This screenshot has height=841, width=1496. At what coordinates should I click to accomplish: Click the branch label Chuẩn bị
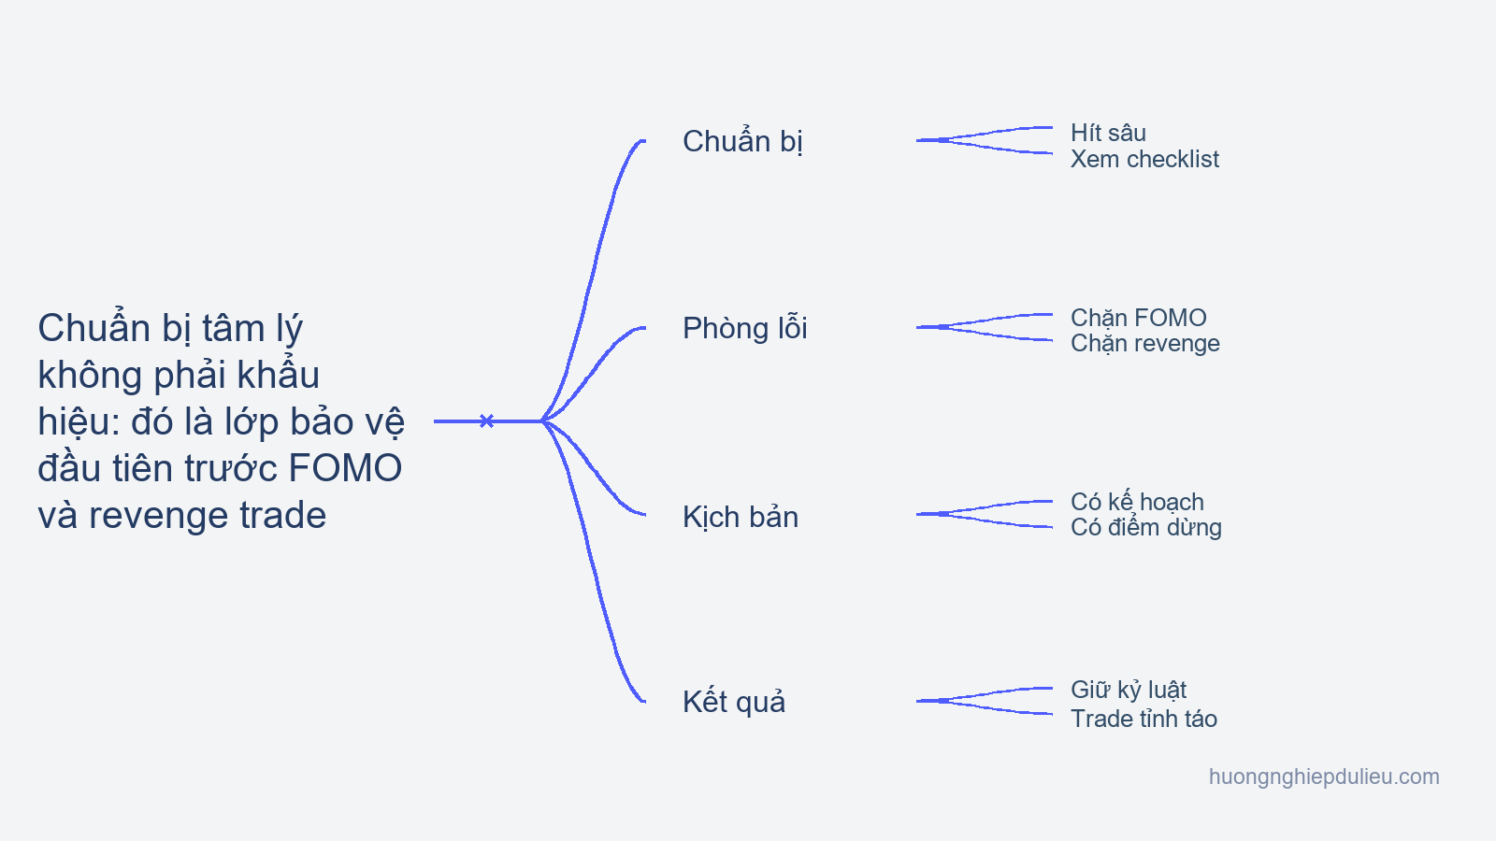[x=742, y=141]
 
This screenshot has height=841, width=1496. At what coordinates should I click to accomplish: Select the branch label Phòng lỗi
[x=744, y=327]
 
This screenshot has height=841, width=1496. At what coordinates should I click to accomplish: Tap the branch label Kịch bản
[x=740, y=517]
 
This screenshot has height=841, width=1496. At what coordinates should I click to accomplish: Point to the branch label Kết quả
[x=733, y=702]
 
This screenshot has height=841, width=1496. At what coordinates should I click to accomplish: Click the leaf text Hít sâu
[x=1108, y=133]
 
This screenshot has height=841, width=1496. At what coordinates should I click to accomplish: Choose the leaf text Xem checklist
[x=1144, y=159]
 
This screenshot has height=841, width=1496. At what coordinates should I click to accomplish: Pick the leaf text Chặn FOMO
[x=1139, y=318]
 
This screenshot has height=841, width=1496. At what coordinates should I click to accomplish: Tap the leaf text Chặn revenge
[x=1145, y=344]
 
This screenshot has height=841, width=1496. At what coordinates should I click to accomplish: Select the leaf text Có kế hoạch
[x=1137, y=501]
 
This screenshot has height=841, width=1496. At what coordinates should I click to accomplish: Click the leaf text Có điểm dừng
[x=1146, y=527]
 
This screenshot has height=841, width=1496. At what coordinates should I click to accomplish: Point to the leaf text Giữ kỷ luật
[x=1129, y=690]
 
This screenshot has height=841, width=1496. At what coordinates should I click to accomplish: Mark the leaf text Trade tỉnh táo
[x=1144, y=719]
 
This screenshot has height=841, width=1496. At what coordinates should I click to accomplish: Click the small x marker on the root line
[x=487, y=420]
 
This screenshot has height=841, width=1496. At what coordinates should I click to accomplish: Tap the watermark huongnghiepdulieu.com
[x=1324, y=777]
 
